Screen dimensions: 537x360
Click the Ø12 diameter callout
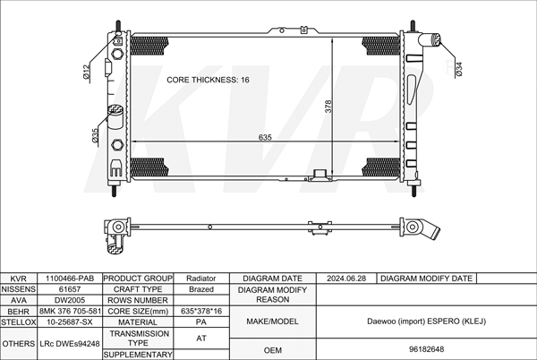87,72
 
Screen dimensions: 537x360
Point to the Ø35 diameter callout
95,135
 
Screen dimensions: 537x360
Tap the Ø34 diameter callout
459,69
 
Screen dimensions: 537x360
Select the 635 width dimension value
265,137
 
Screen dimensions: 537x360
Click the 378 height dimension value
328,107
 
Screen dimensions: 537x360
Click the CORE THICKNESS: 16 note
208,80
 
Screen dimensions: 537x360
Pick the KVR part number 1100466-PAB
70,279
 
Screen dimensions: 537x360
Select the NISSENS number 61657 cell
70,289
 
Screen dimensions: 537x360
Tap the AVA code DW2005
70,300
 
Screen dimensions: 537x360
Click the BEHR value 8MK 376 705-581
70,311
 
